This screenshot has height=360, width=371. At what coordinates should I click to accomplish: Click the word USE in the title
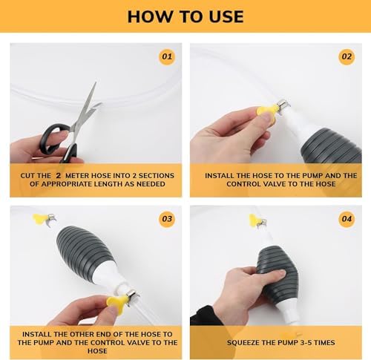(x=226, y=16)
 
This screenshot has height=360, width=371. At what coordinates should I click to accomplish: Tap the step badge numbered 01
(x=167, y=56)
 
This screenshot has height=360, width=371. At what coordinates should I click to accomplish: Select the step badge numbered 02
(x=347, y=56)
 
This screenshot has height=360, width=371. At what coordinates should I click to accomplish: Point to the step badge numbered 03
(x=167, y=219)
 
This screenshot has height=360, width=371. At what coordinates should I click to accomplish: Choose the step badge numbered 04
(x=347, y=219)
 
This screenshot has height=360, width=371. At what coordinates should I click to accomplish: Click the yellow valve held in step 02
(x=266, y=113)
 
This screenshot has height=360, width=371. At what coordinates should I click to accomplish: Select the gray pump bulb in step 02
(x=332, y=146)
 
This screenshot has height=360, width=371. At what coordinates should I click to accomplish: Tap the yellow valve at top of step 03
(x=39, y=218)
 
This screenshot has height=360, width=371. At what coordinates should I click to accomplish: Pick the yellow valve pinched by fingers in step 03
(x=116, y=304)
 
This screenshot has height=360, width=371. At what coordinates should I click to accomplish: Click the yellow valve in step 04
(x=254, y=220)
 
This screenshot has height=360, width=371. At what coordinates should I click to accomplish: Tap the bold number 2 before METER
(x=58, y=176)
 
